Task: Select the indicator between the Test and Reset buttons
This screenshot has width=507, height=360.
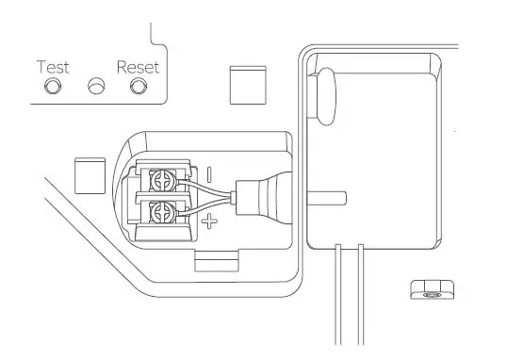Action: [95, 87]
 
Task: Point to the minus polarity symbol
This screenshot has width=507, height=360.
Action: [209, 175]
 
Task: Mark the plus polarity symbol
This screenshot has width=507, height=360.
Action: [209, 222]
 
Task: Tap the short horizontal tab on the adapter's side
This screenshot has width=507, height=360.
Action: [335, 198]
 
